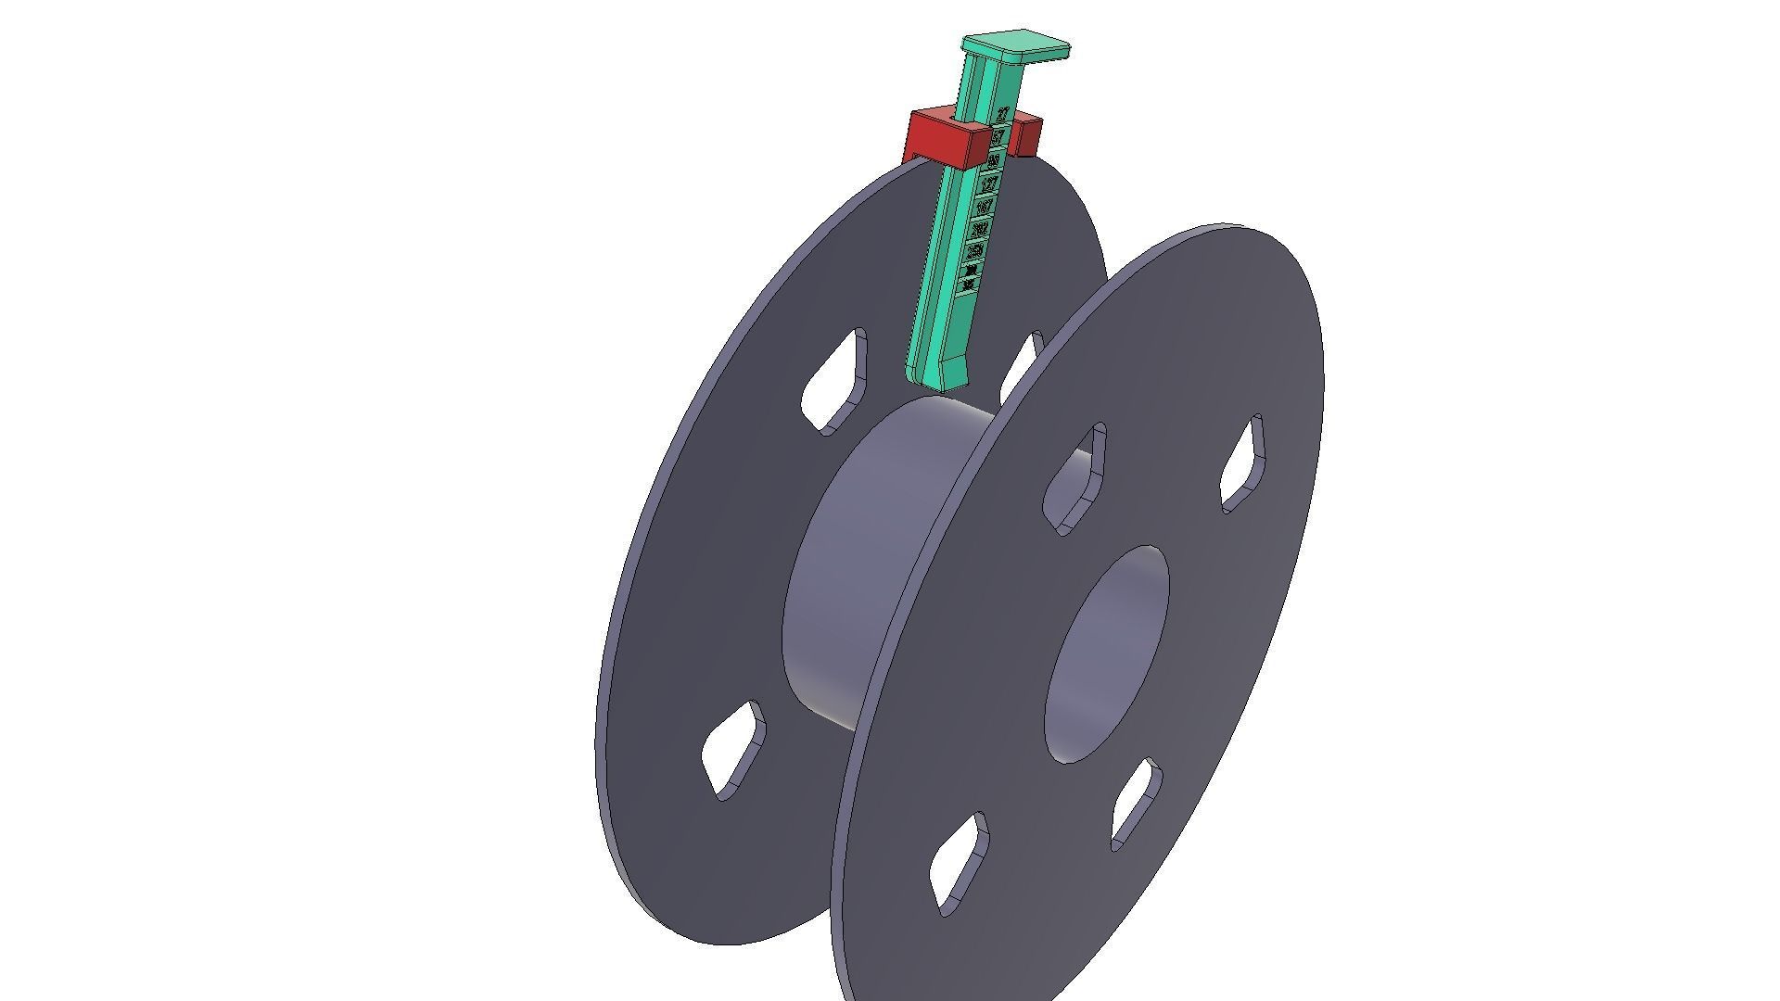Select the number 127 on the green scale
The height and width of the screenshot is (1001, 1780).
point(989,184)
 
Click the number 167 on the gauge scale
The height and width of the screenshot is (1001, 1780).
point(985,206)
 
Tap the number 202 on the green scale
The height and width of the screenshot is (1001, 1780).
point(980,228)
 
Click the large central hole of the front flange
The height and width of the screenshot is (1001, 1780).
point(1105,654)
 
